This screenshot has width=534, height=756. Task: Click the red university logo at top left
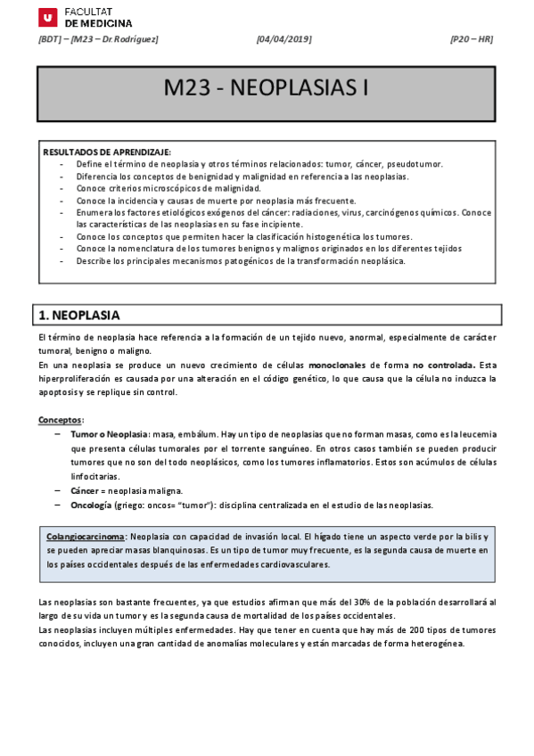click(47, 17)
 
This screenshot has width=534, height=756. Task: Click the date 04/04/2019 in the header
click(284, 39)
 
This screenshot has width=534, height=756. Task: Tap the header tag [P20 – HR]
click(471, 39)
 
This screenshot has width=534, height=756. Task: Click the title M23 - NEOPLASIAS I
click(266, 89)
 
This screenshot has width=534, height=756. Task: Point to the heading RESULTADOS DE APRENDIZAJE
click(107, 152)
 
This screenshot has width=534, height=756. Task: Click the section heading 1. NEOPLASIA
click(80, 315)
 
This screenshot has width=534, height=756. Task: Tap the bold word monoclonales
click(337, 365)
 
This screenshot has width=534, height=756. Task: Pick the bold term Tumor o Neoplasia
click(110, 434)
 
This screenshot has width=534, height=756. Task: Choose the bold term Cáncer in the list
click(85, 491)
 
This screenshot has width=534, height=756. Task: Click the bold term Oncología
click(91, 505)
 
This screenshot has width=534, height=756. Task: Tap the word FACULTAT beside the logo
click(88, 11)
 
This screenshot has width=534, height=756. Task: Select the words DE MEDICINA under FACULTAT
click(98, 23)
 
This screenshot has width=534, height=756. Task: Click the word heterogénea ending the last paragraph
click(436, 644)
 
